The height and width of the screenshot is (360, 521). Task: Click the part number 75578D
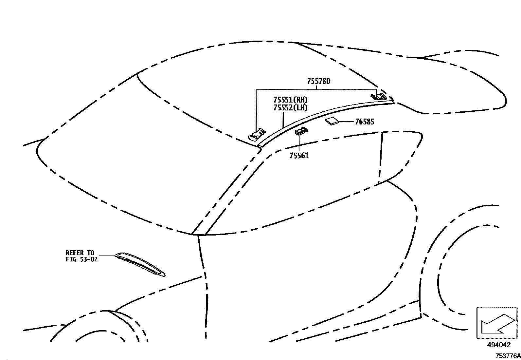click(x=319, y=81)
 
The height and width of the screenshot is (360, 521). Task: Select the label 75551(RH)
click(x=290, y=100)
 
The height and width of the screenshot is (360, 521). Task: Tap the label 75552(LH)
click(x=290, y=108)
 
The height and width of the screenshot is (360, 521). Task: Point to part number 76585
click(x=365, y=122)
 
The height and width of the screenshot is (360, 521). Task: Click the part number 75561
click(x=299, y=156)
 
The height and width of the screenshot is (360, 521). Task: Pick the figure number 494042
click(x=499, y=345)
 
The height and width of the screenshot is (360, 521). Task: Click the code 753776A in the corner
click(x=508, y=356)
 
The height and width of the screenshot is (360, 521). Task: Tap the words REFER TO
click(x=80, y=253)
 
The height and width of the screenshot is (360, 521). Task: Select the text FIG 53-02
click(x=81, y=259)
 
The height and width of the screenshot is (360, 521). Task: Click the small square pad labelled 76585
click(x=332, y=121)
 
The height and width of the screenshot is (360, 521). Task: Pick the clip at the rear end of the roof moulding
click(x=378, y=96)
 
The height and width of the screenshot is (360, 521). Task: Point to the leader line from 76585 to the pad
click(x=347, y=122)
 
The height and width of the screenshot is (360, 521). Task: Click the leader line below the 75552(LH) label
click(x=283, y=120)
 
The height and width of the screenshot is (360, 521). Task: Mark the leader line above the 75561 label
click(x=299, y=143)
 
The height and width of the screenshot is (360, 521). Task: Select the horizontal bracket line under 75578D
click(x=316, y=90)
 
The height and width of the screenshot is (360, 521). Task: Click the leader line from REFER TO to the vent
click(x=107, y=256)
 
